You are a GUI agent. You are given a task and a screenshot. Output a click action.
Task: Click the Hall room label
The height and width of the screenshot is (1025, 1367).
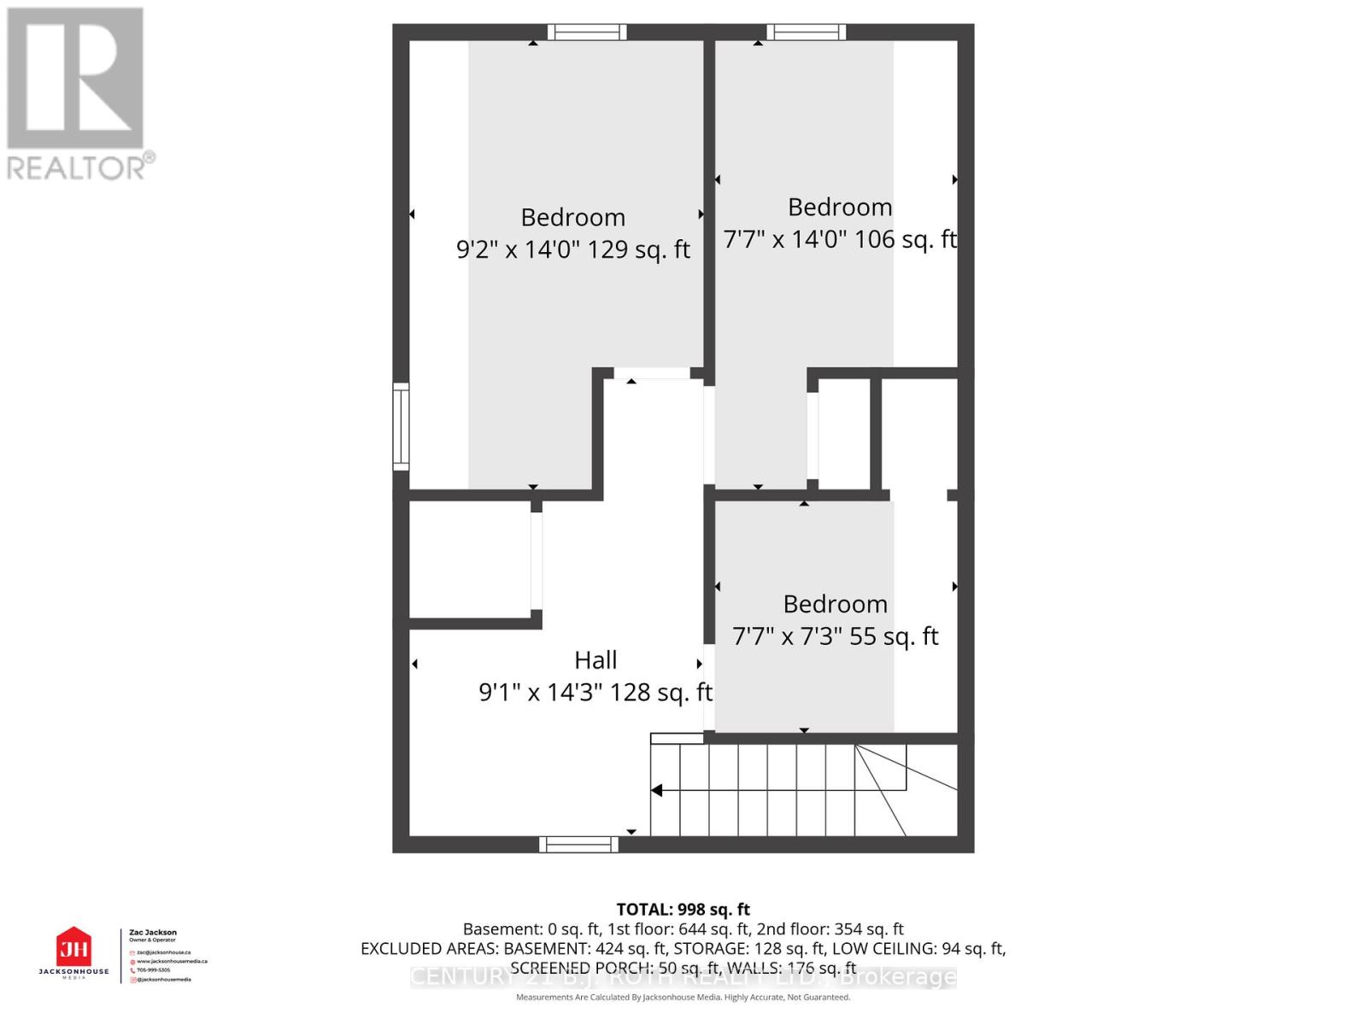click(595, 660)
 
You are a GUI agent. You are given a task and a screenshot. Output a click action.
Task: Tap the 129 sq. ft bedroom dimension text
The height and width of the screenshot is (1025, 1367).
click(572, 249)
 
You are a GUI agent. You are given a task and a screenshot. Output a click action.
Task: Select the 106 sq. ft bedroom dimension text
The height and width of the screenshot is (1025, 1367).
click(839, 239)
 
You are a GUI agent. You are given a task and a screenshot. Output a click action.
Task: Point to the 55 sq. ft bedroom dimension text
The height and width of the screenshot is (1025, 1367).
click(835, 636)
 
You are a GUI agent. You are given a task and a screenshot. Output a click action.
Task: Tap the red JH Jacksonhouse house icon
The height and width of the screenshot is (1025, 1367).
click(73, 948)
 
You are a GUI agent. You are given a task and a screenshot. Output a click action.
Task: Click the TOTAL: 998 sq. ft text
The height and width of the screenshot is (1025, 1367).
click(683, 910)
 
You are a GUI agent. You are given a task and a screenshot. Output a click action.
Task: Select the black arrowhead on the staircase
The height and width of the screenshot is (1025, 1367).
click(656, 790)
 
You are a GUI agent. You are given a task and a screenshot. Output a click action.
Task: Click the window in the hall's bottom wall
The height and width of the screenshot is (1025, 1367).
click(578, 844)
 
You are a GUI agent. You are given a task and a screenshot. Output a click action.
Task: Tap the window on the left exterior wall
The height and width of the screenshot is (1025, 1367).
click(401, 427)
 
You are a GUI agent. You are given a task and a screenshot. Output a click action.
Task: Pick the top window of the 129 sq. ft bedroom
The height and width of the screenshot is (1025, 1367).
click(586, 32)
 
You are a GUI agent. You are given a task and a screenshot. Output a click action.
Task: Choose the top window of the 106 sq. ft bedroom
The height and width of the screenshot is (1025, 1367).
click(806, 32)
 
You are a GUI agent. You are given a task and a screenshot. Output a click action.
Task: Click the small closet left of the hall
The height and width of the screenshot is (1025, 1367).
click(470, 559)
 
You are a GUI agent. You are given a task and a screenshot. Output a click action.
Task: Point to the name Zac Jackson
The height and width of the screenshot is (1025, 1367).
click(153, 933)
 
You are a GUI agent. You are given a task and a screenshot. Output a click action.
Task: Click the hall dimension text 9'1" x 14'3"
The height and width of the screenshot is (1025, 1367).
click(595, 692)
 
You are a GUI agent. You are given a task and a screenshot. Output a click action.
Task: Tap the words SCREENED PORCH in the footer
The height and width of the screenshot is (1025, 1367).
click(563, 968)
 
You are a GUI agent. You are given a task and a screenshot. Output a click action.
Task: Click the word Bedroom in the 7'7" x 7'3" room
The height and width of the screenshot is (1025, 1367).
click(835, 604)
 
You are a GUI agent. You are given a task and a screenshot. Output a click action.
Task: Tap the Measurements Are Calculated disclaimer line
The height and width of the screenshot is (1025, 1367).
click(683, 997)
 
